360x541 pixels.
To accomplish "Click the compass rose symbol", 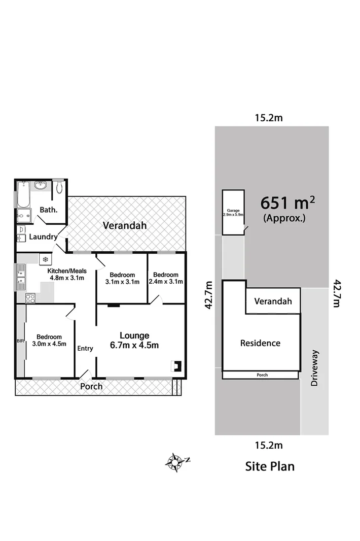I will click(175, 462).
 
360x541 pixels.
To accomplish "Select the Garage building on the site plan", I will click(233, 212).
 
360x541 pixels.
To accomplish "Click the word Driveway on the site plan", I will click(315, 368).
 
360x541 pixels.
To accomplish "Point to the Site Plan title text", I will click(270, 466).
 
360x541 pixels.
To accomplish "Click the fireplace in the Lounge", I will click(176, 365).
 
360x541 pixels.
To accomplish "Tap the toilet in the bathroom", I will click(59, 187).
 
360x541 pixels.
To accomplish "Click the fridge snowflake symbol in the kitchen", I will click(45, 260).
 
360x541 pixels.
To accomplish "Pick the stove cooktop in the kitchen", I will click(30, 298).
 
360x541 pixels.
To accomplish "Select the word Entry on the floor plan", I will click(85, 348).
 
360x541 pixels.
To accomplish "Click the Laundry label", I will click(43, 237).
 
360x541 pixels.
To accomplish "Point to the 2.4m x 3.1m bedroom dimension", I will click(166, 281).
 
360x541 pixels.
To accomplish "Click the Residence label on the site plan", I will click(260, 343).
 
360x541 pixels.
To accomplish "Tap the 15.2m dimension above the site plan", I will click(268, 118).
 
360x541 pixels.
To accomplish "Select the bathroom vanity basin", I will click(41, 186).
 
